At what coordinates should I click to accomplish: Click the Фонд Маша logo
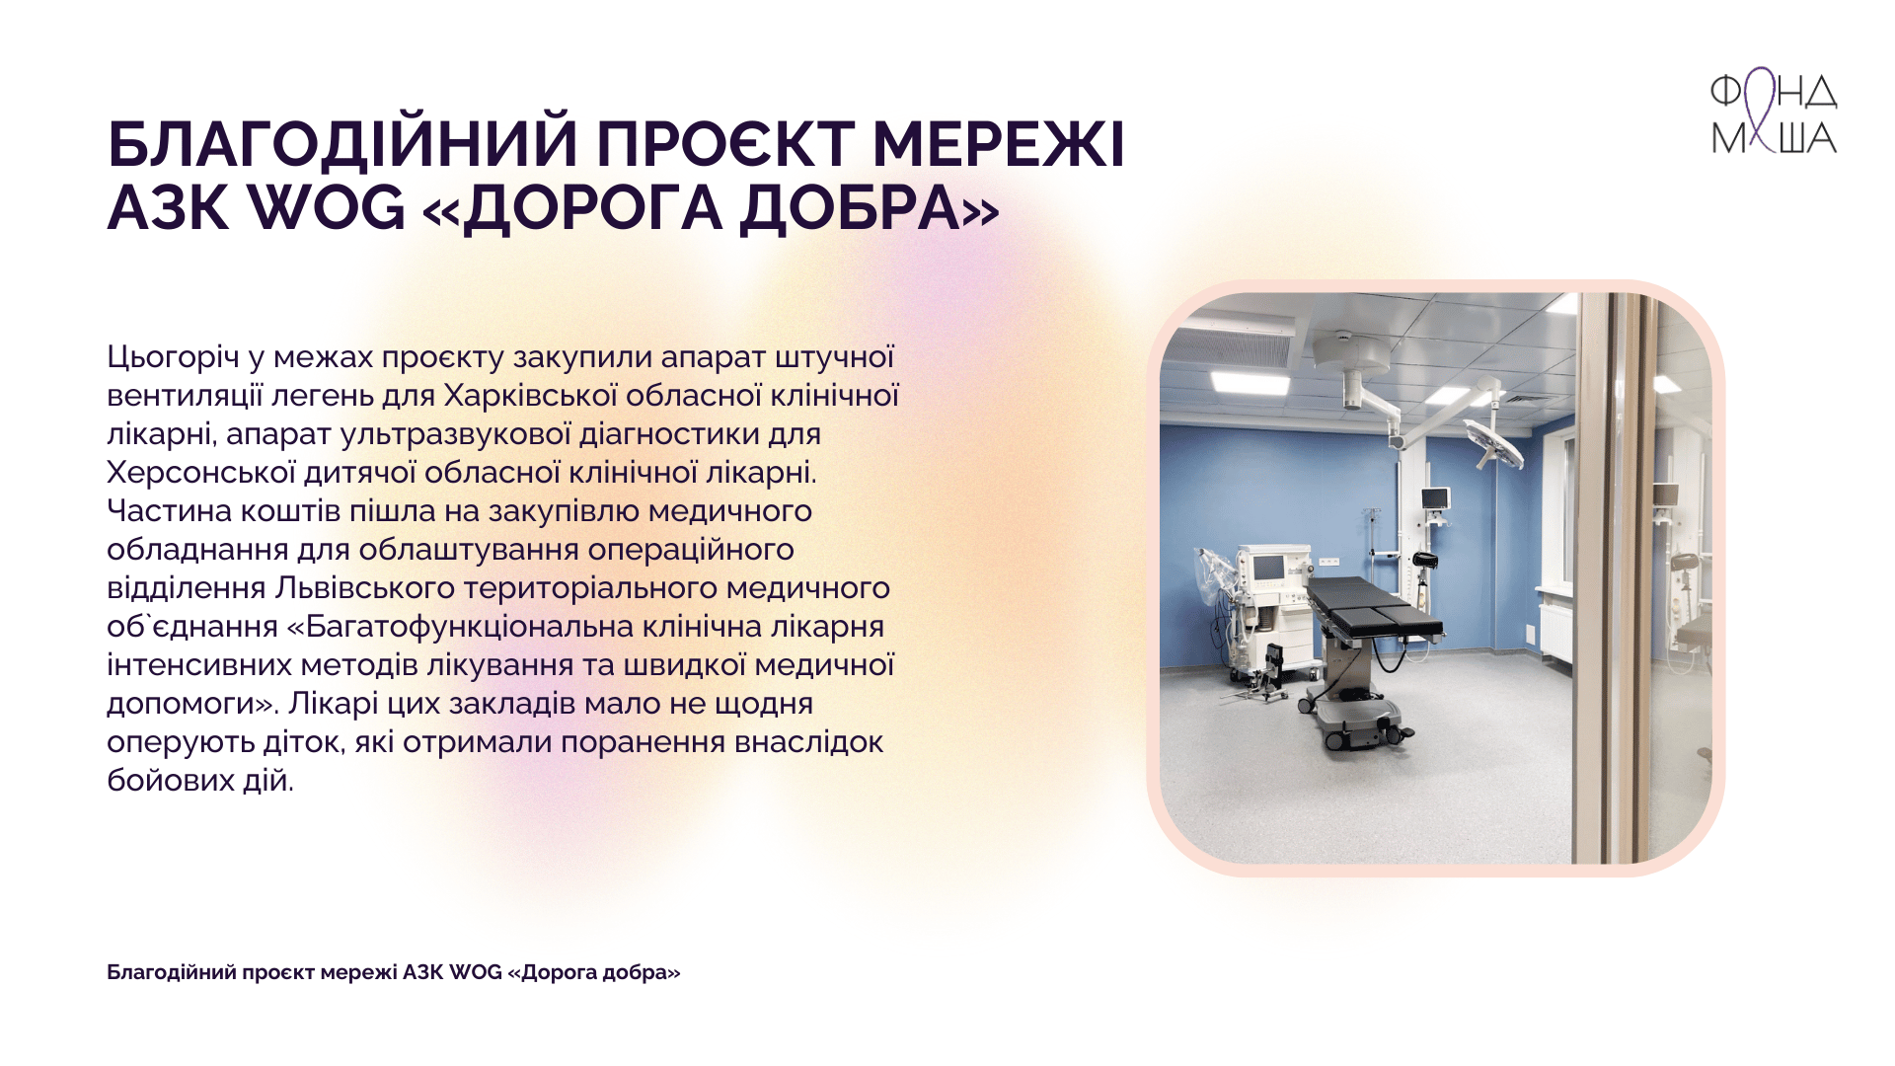[1774, 112]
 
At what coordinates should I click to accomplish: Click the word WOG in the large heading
[325, 208]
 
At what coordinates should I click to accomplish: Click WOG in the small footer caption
[476, 972]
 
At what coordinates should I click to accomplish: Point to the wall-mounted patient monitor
[1435, 498]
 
